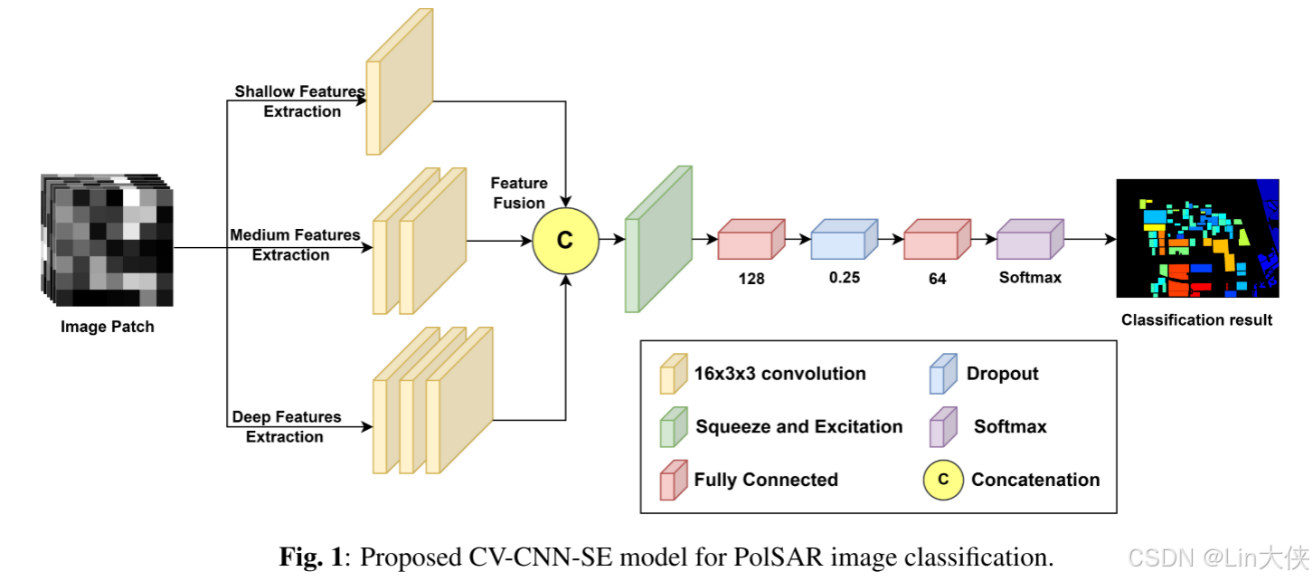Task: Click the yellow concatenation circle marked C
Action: click(x=565, y=240)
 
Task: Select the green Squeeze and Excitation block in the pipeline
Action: click(x=658, y=240)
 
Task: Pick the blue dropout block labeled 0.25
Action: click(x=844, y=240)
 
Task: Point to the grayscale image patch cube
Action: click(x=107, y=240)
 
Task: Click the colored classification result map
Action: click(x=1197, y=238)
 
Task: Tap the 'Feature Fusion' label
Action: click(x=518, y=193)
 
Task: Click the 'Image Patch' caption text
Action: click(x=107, y=327)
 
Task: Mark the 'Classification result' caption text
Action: click(x=1196, y=319)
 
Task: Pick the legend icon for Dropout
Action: click(x=943, y=374)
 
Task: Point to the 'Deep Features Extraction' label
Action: click(x=286, y=426)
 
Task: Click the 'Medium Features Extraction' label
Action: click(x=294, y=244)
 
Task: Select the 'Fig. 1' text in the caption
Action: click(x=310, y=556)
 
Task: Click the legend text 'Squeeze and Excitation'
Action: click(x=798, y=426)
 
